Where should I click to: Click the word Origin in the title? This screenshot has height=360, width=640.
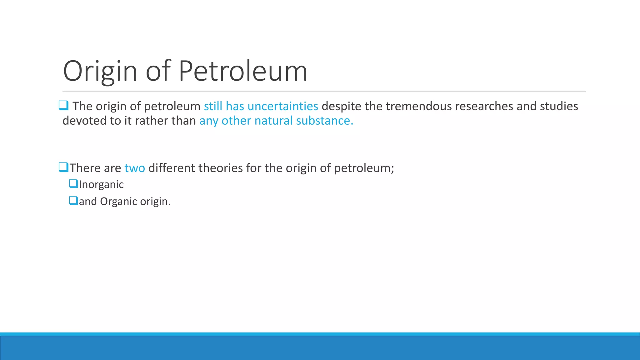tap(100, 71)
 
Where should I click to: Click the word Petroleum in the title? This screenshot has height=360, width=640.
tap(243, 71)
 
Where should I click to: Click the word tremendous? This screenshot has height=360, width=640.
tap(418, 106)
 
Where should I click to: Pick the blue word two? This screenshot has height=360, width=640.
tap(135, 168)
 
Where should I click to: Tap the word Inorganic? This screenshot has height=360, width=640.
tap(101, 185)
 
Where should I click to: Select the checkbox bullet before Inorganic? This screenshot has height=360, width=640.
tap(73, 183)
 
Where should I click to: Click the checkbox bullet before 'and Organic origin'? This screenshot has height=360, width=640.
tap(73, 200)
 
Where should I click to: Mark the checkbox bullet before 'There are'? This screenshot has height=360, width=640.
tap(63, 167)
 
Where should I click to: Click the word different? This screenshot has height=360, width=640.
tap(172, 168)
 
